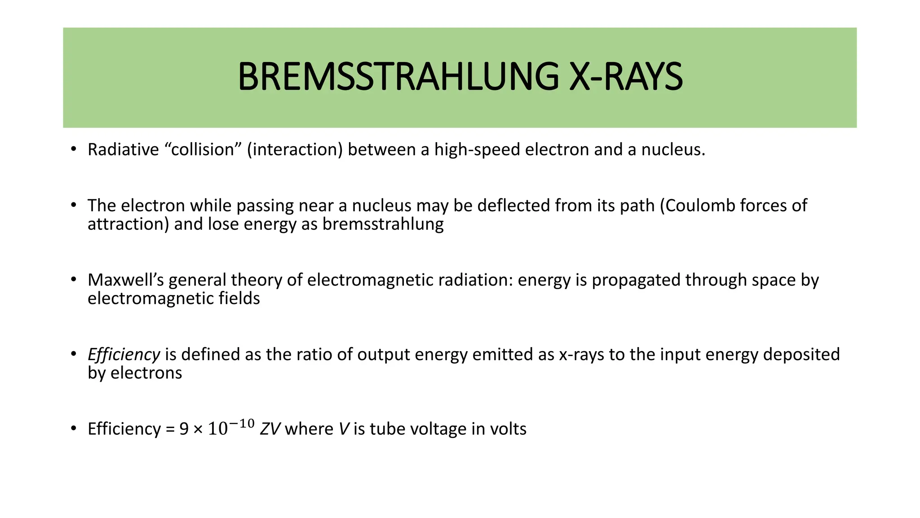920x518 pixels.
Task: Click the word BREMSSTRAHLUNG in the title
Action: tap(398, 77)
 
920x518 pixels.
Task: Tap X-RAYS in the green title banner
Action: tap(626, 77)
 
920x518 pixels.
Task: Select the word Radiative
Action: tap(123, 150)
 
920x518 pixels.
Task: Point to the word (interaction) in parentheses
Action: tap(295, 150)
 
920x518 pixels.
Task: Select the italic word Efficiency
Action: tap(124, 354)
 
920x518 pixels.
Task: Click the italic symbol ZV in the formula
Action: tap(270, 429)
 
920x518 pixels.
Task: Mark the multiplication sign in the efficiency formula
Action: tap(198, 429)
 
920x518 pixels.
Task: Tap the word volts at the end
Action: tap(508, 429)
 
